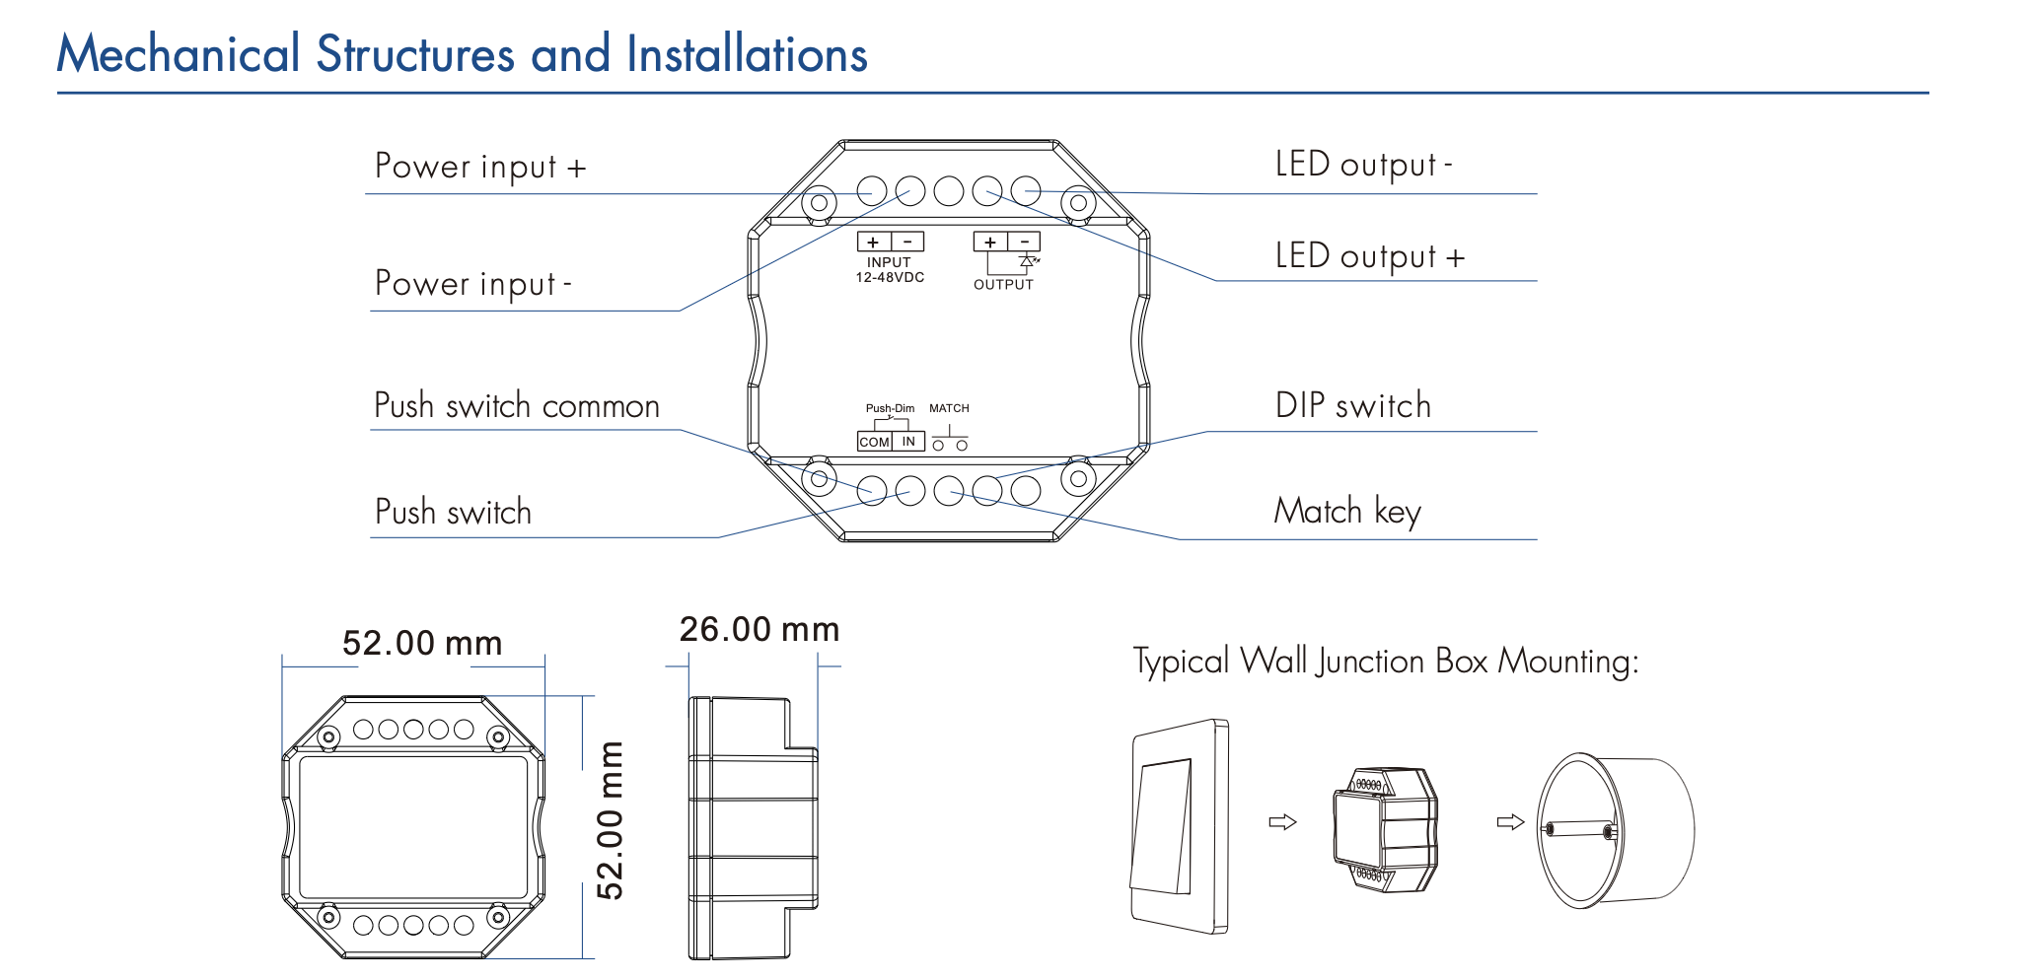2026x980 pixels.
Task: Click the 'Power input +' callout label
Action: click(480, 167)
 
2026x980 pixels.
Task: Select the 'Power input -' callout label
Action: click(472, 284)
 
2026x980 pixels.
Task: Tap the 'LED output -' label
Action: click(1363, 165)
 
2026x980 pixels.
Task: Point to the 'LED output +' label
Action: click(1369, 256)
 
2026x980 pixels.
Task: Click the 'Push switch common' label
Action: click(516, 406)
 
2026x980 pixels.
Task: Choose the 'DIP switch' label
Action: click(1352, 405)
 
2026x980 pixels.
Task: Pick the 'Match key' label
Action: click(1346, 512)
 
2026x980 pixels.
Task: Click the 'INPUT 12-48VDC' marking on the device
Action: click(889, 270)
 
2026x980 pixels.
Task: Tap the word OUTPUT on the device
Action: click(1003, 285)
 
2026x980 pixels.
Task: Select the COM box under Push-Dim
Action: click(874, 442)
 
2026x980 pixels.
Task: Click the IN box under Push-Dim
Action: click(908, 442)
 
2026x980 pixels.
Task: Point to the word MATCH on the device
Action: click(949, 408)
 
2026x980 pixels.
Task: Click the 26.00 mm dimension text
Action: click(759, 630)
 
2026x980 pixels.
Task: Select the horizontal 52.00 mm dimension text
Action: click(422, 644)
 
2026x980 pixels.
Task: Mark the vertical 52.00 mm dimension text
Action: click(612, 820)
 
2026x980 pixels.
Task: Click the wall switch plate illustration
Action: click(1179, 826)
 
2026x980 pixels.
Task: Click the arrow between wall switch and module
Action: click(1282, 821)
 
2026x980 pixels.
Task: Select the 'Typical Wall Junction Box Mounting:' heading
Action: click(1385, 662)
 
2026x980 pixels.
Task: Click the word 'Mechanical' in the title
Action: click(179, 54)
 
